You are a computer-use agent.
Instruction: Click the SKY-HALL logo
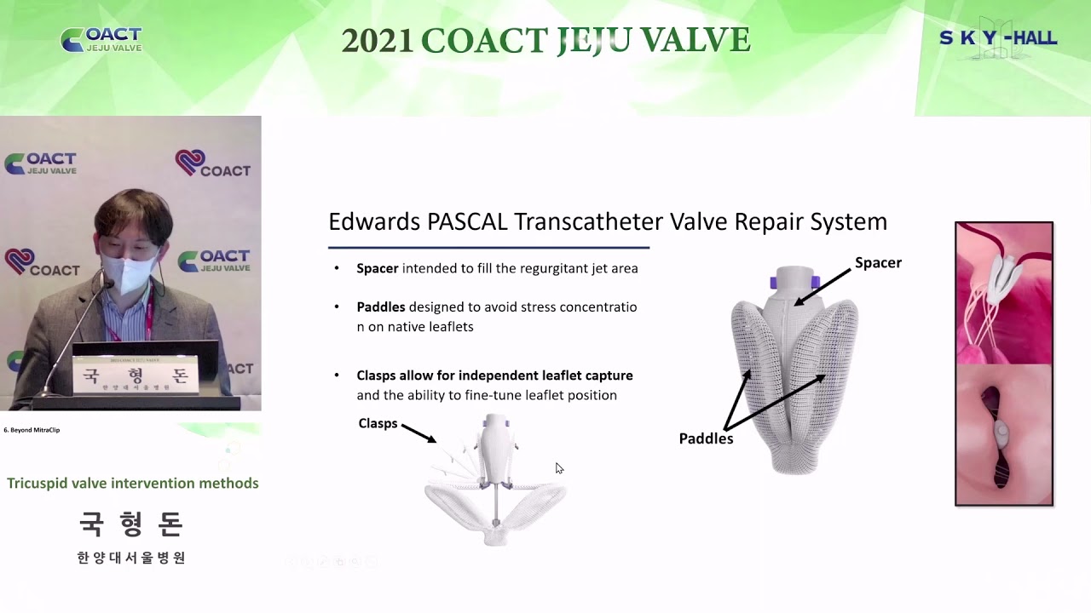tap(998, 39)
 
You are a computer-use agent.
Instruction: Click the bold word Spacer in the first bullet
tap(377, 268)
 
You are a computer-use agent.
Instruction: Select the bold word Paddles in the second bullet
tap(380, 306)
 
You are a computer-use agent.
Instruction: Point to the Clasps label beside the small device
tap(378, 423)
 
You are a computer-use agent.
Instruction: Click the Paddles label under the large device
tap(706, 438)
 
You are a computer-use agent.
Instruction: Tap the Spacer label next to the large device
tap(878, 262)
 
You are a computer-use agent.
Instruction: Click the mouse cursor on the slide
tap(559, 468)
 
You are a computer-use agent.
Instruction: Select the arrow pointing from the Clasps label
tap(419, 433)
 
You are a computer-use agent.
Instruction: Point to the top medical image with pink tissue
tap(1003, 293)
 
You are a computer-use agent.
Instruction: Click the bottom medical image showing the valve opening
tap(1003, 434)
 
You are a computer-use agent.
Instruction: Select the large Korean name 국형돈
tap(131, 524)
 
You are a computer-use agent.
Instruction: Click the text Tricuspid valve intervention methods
tap(133, 483)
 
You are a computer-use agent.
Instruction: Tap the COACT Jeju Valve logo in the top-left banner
tap(101, 40)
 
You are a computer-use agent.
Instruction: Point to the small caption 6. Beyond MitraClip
tap(32, 430)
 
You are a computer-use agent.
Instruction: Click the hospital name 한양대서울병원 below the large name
tap(131, 558)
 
